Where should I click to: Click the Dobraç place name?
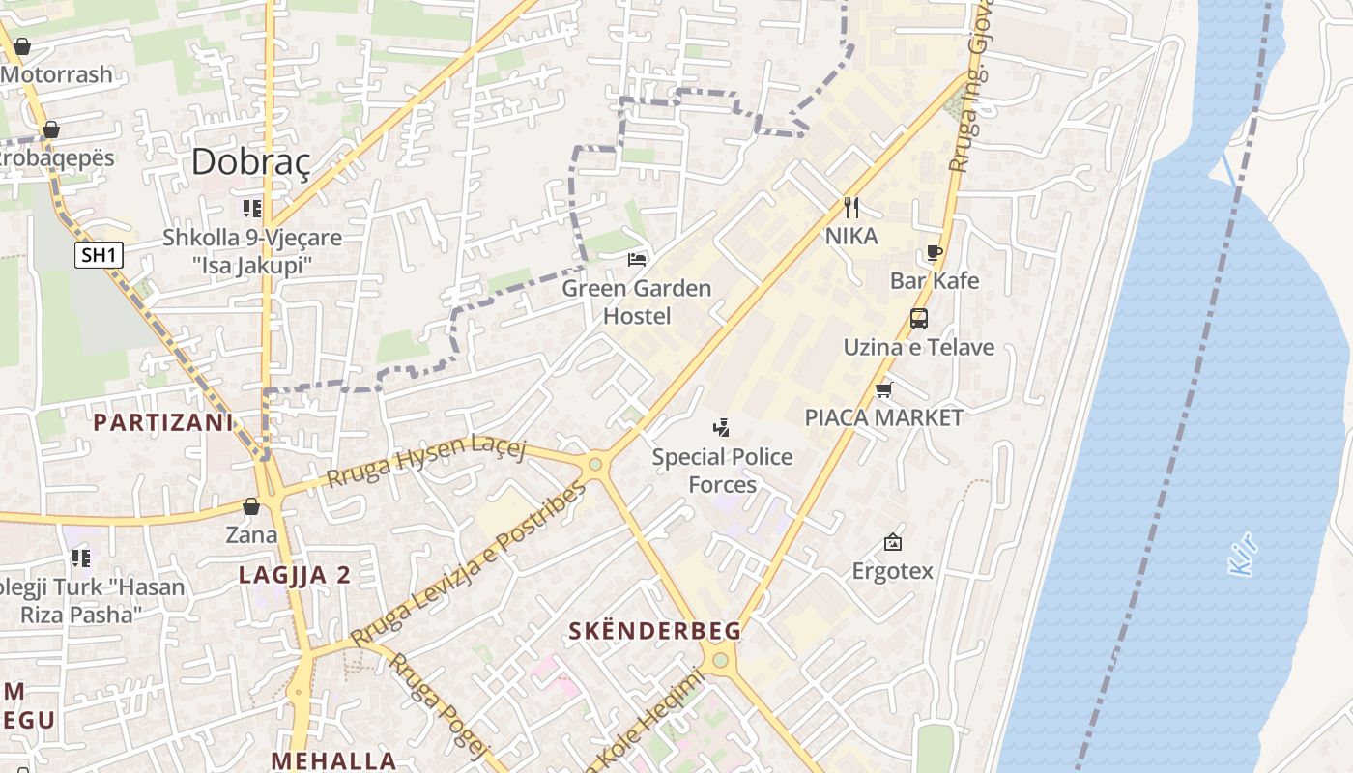250,161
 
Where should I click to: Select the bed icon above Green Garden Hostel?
637,259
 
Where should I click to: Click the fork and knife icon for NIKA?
851,207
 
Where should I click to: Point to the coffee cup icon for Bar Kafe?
934,253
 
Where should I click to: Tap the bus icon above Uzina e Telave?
919,318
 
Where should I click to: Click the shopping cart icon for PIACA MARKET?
883,389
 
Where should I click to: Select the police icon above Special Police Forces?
721,427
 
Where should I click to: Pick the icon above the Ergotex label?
892,542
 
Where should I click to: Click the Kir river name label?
1243,558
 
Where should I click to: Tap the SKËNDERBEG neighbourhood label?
655,631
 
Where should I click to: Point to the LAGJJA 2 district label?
295,575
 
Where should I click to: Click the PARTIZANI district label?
163,422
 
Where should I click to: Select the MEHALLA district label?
333,760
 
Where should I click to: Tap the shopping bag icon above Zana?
251,506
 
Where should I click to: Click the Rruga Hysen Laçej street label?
425,460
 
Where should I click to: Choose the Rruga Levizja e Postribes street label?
468,564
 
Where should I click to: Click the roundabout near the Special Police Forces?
595,465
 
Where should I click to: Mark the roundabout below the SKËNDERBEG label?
719,661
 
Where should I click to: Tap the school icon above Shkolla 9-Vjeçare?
252,208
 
